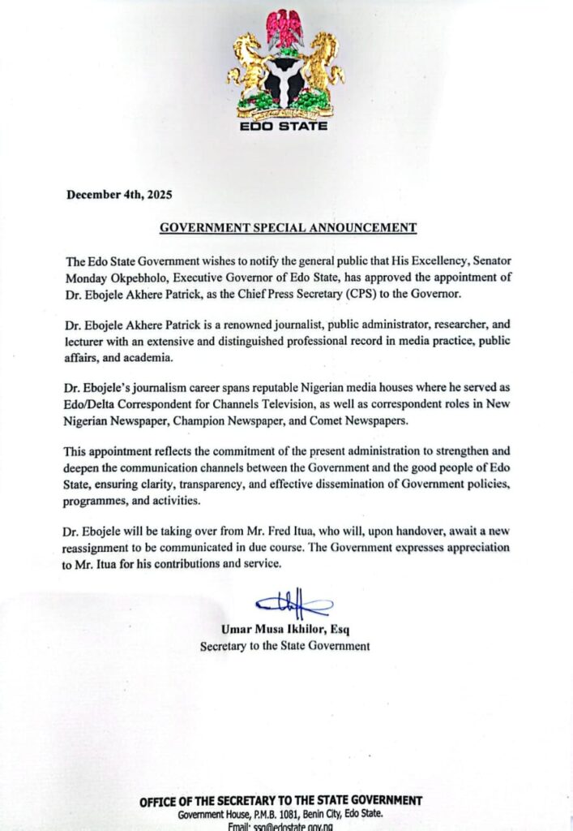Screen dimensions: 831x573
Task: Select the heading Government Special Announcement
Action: tap(288, 227)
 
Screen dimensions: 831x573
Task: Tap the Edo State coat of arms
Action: tap(285, 66)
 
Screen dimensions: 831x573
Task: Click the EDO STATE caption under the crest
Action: tap(285, 127)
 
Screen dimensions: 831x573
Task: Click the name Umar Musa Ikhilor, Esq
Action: tap(285, 630)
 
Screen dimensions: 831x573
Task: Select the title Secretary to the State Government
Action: tap(285, 647)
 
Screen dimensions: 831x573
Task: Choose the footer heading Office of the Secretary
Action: tap(280, 800)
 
